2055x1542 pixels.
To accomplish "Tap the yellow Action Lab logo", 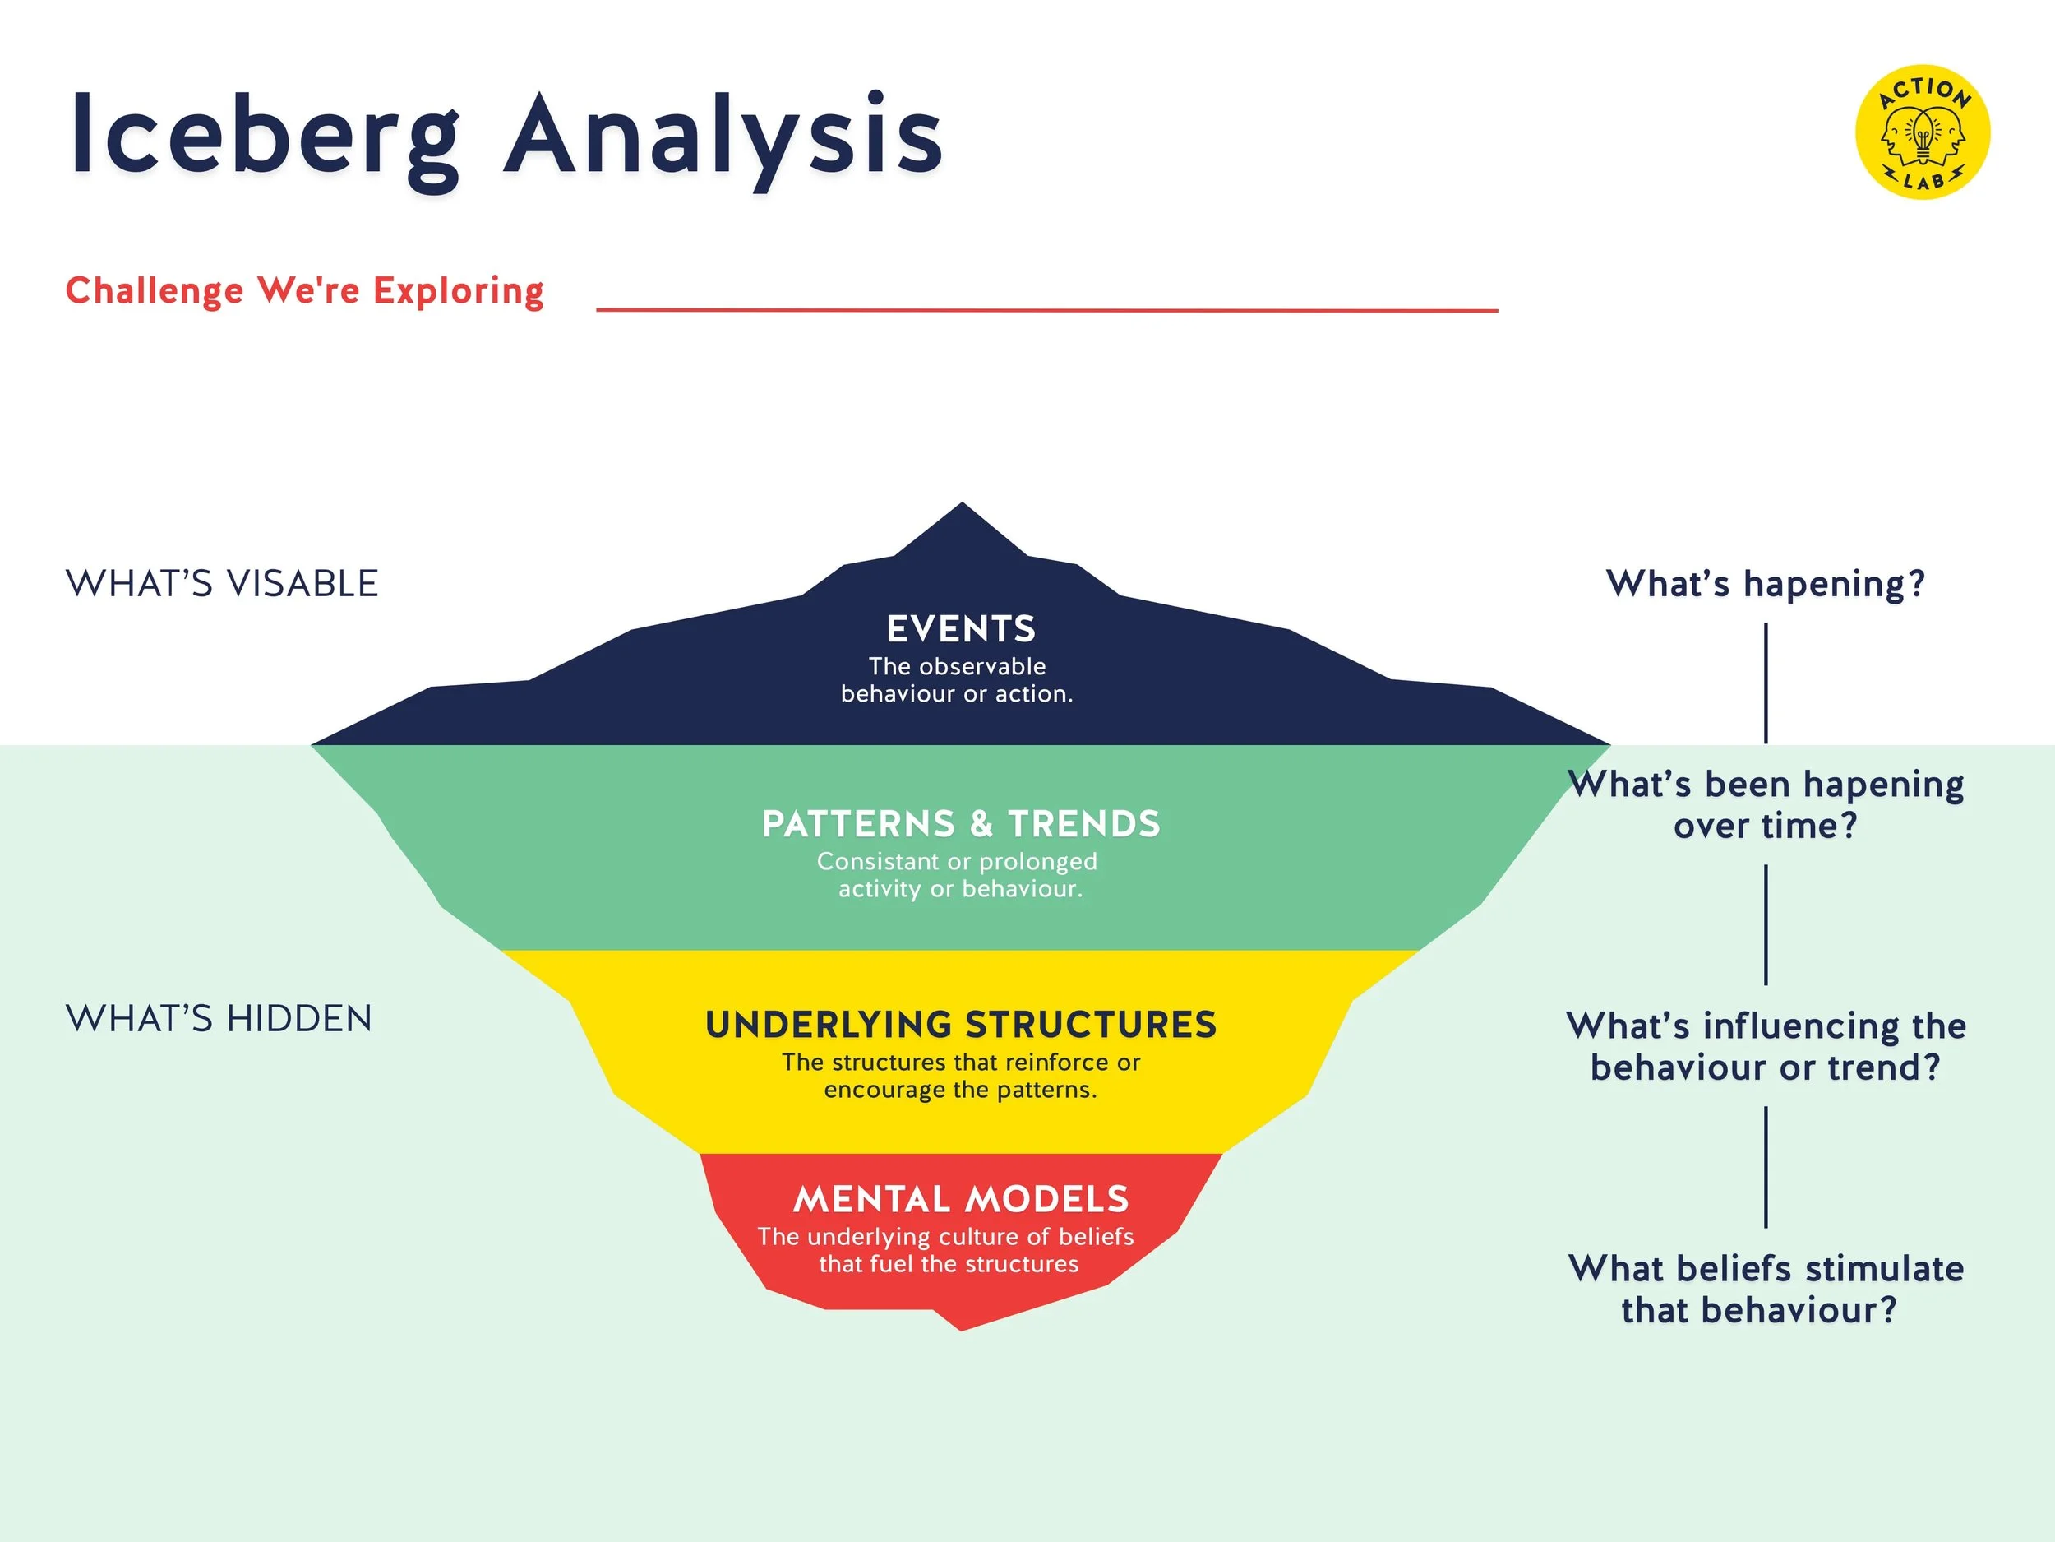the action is click(x=1922, y=131).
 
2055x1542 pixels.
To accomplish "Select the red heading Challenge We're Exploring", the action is click(x=305, y=291).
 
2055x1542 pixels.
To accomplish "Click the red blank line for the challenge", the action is click(x=1046, y=308).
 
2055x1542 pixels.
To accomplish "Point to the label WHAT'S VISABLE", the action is click(x=222, y=584).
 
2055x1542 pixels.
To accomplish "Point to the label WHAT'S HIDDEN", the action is click(x=219, y=1019).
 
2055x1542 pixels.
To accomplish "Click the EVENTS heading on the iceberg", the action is click(x=961, y=629).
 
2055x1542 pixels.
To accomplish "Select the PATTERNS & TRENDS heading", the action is click(x=961, y=823).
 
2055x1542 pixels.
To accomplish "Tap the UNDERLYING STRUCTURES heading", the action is click(x=961, y=1024).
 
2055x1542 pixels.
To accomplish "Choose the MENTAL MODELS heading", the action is click(x=961, y=1199).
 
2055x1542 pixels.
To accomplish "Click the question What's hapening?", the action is click(x=1765, y=584).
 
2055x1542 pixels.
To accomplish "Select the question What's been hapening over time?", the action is click(x=1765, y=805).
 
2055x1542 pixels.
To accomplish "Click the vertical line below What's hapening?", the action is click(x=1765, y=683).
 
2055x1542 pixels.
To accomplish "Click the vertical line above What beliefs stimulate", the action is click(x=1765, y=1166).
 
